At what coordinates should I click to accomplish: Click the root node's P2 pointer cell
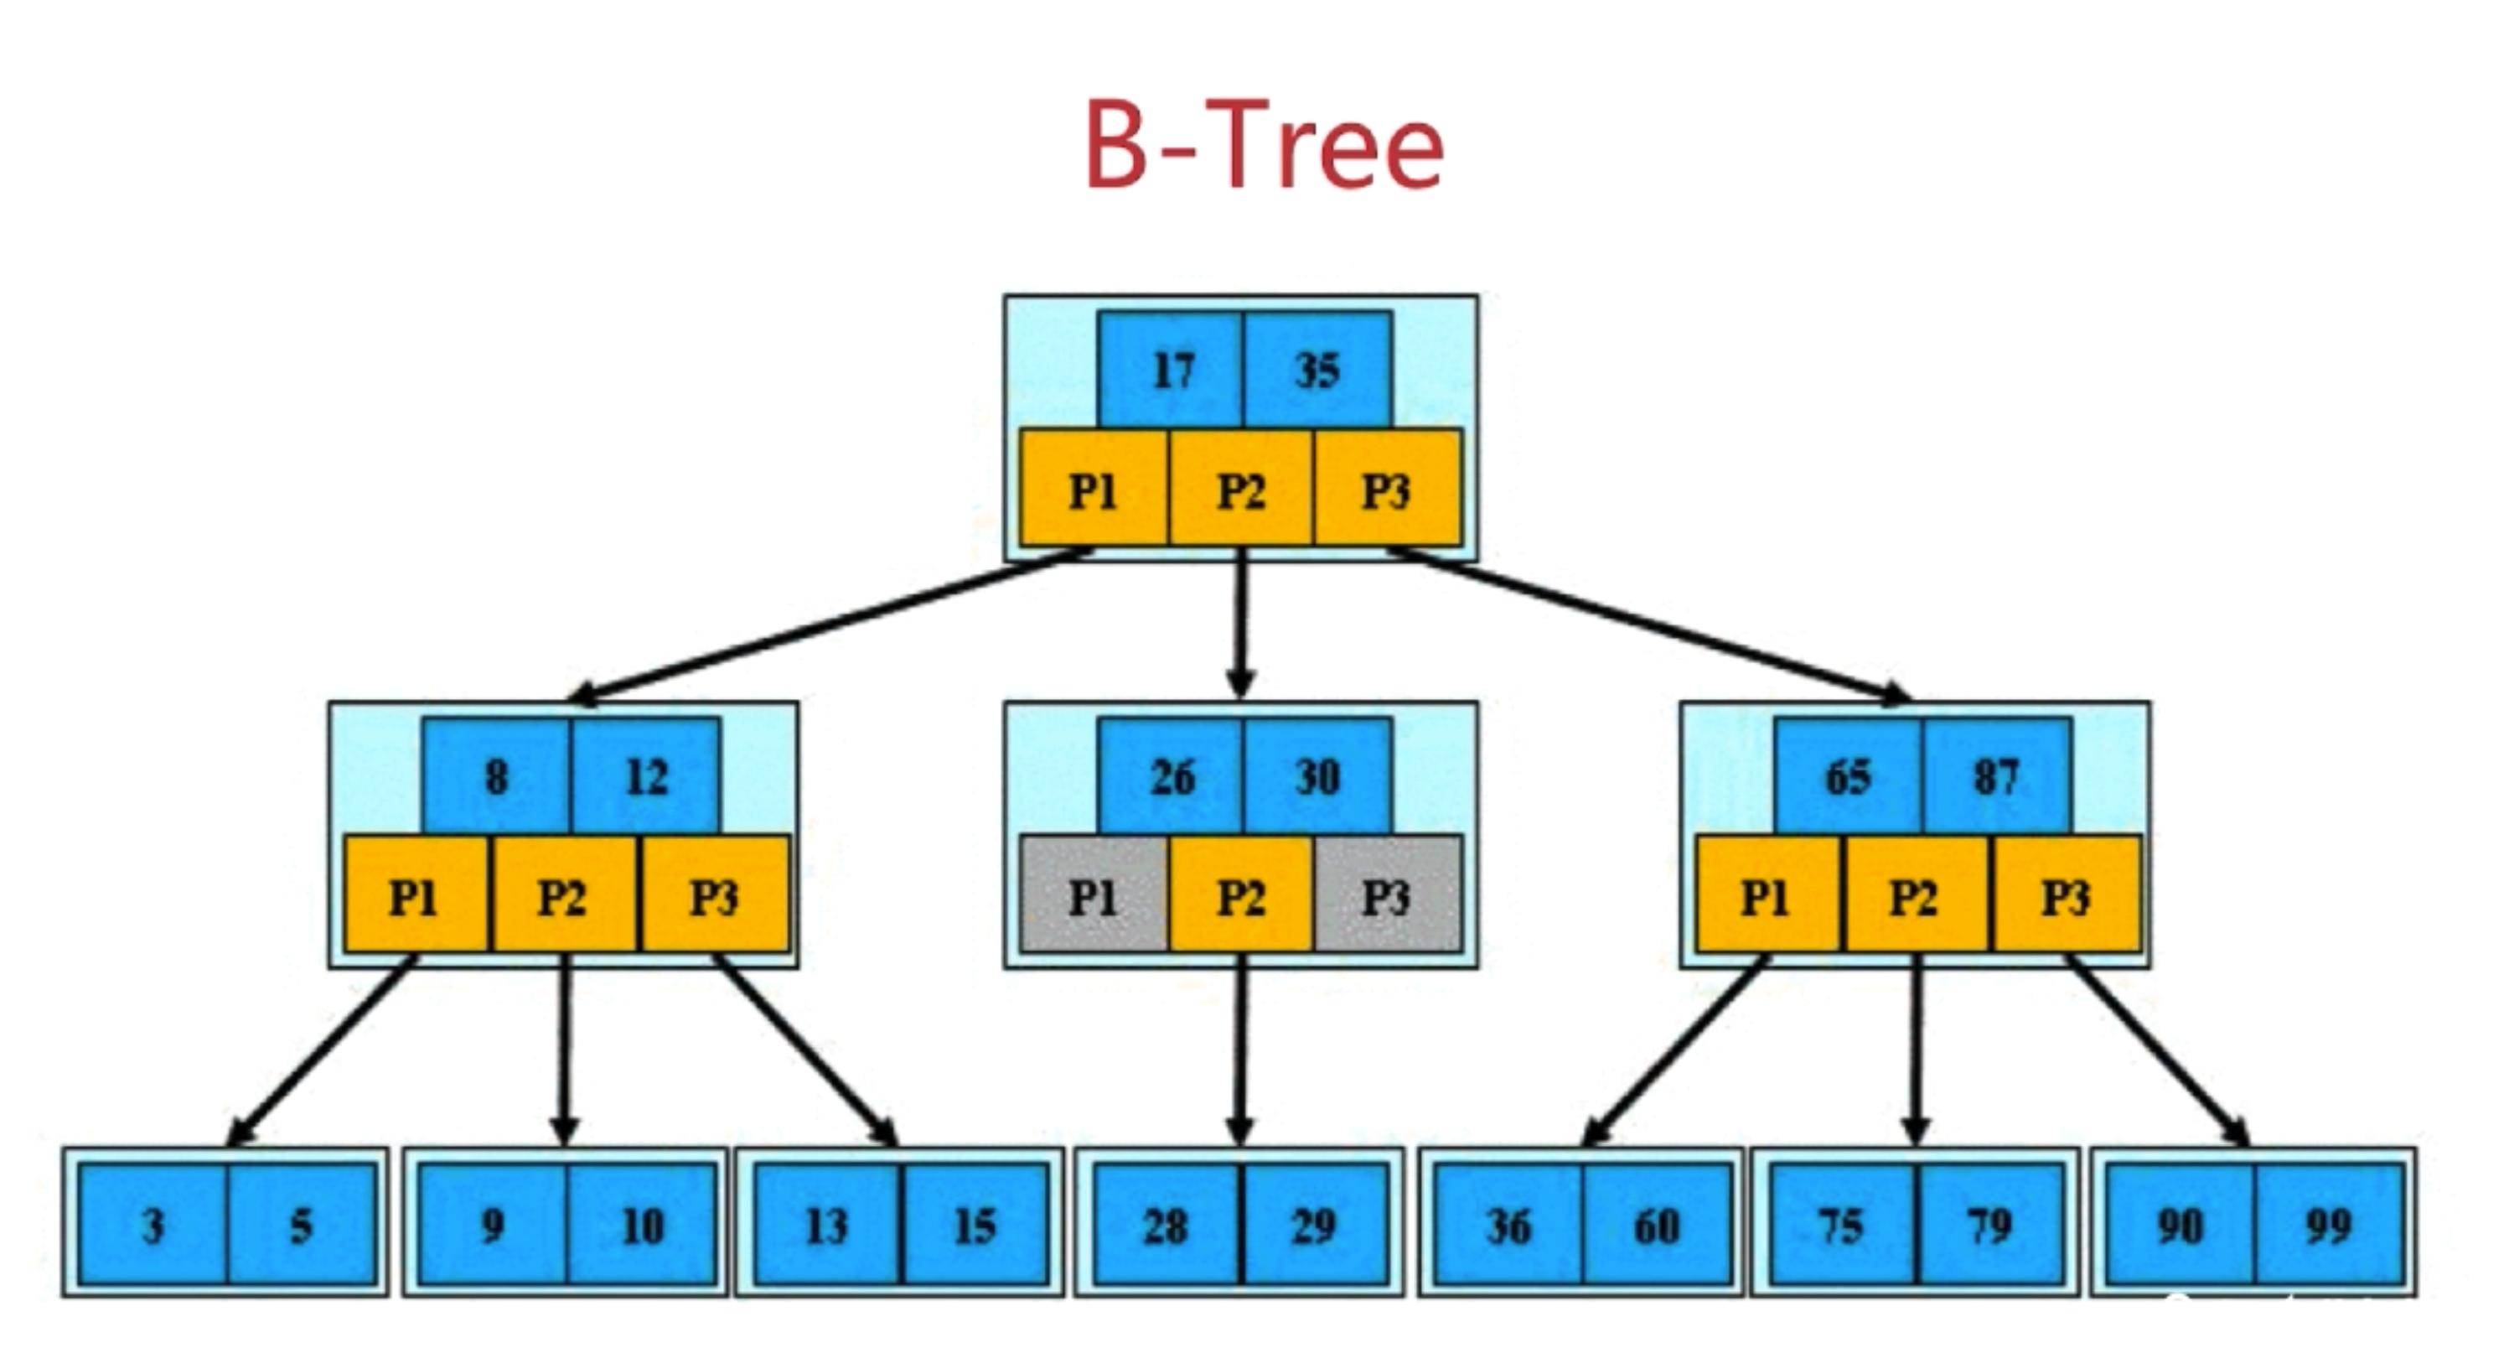pos(1241,487)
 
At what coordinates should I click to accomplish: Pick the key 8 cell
pos(497,776)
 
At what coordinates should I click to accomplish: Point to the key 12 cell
pos(647,776)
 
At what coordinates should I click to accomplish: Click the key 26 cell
pos(1171,776)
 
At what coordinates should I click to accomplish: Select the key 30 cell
pos(1318,776)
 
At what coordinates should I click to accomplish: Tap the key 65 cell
pos(1849,776)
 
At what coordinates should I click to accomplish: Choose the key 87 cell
pos(1998,776)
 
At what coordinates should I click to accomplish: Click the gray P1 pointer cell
pos(1094,894)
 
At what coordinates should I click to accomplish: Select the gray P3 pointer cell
pos(1388,894)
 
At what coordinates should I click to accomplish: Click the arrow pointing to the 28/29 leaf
pos(1241,1050)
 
